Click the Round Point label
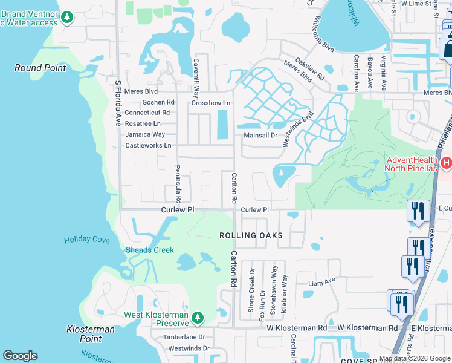pyautogui.click(x=40, y=68)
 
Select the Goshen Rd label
pyautogui.click(x=158, y=102)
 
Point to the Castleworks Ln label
pyautogui.click(x=148, y=145)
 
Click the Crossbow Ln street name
pyautogui.click(x=211, y=103)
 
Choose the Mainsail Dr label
pyautogui.click(x=260, y=136)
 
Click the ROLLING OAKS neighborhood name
pyautogui.click(x=250, y=235)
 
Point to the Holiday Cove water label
pyautogui.click(x=87, y=240)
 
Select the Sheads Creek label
pyautogui.click(x=149, y=250)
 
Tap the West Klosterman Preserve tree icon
pyautogui.click(x=197, y=318)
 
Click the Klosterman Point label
pyautogui.click(x=90, y=334)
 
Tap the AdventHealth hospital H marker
pyautogui.click(x=445, y=162)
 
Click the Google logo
pyautogui.click(x=20, y=356)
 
